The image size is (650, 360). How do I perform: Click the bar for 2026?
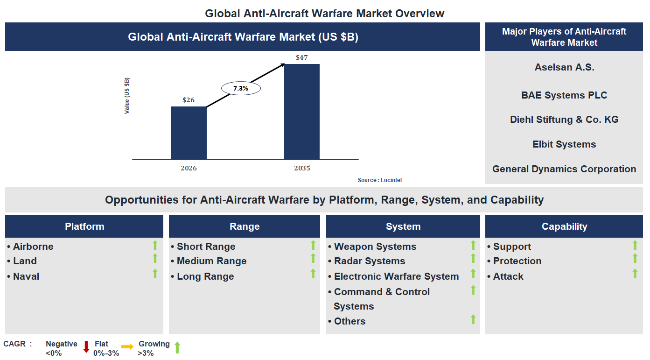click(x=189, y=133)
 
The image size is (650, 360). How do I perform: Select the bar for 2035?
click(x=302, y=112)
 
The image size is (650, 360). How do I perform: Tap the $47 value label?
click(x=302, y=57)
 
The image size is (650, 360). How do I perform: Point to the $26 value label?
click(x=189, y=100)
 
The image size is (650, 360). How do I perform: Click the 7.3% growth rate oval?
click(x=241, y=88)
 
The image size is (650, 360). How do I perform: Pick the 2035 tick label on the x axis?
click(x=302, y=168)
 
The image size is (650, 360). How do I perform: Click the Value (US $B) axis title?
click(x=127, y=96)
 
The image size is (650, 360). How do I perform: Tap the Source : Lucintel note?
click(x=380, y=180)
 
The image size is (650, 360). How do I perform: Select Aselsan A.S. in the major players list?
click(x=564, y=67)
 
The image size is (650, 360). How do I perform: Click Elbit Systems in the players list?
click(x=564, y=144)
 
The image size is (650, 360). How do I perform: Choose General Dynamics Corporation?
click(x=564, y=169)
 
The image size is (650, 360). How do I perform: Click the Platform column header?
click(x=84, y=226)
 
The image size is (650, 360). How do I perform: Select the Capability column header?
click(x=564, y=226)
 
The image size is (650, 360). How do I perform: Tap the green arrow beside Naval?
click(x=155, y=274)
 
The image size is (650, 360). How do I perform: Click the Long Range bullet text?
click(x=205, y=276)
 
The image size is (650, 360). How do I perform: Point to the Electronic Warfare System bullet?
click(x=396, y=276)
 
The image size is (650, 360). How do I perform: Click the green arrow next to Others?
click(x=473, y=319)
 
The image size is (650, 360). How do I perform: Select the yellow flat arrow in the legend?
click(x=127, y=347)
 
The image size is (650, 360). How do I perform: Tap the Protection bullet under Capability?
click(x=517, y=261)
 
